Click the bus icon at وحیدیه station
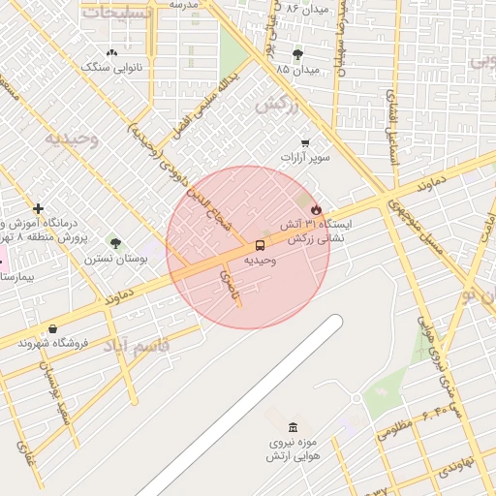[x=260, y=246]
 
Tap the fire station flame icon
[x=316, y=209]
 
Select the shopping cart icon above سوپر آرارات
[x=305, y=142]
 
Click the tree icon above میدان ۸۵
[x=296, y=55]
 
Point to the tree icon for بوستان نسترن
[x=116, y=243]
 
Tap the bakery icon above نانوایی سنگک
[x=112, y=53]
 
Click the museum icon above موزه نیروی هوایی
[x=293, y=428]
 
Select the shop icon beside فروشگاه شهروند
[x=51, y=328]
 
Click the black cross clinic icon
[x=38, y=208]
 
